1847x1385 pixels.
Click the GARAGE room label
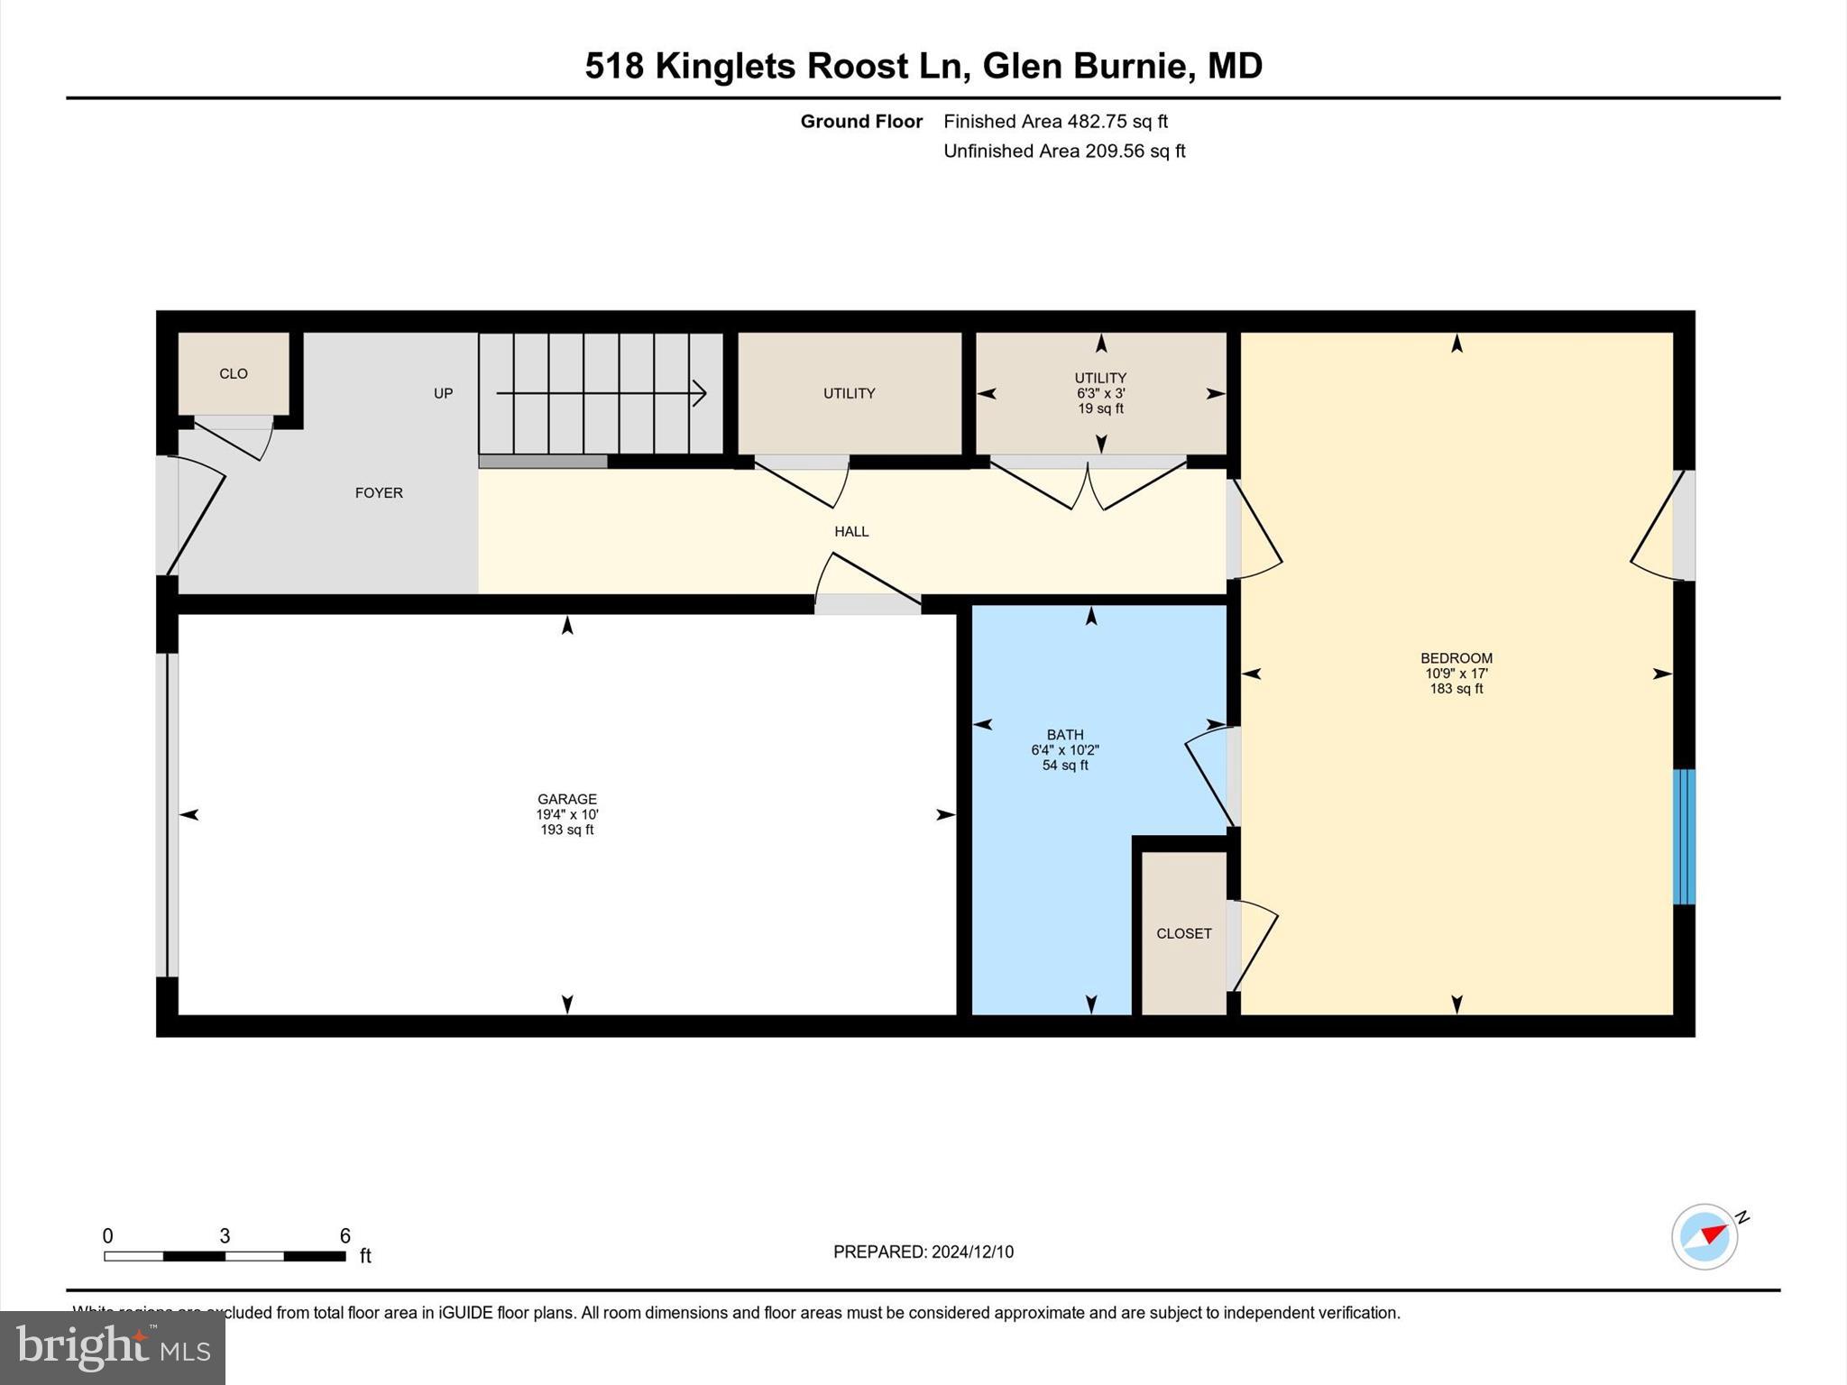click(566, 799)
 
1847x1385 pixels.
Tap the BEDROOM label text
click(1456, 658)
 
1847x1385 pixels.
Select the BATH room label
click(1064, 735)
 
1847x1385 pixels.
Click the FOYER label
click(378, 492)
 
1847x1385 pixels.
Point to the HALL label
click(850, 531)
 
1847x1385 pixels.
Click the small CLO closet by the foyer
click(234, 373)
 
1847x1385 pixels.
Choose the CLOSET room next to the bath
click(1183, 933)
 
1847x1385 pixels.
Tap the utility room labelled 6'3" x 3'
click(1100, 393)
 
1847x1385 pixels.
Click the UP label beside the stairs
click(443, 393)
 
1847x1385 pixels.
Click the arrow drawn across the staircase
click(600, 393)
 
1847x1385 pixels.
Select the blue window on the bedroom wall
click(1684, 836)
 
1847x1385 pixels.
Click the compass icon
click(1705, 1236)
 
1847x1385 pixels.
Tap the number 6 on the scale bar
click(345, 1235)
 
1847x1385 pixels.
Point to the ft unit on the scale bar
click(365, 1256)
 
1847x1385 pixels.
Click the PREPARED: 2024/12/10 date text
click(923, 1252)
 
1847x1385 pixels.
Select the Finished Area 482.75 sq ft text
click(1055, 121)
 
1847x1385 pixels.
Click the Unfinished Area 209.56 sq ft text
click(1063, 151)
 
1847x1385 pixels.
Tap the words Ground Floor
click(861, 121)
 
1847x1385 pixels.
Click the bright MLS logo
click(113, 1347)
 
